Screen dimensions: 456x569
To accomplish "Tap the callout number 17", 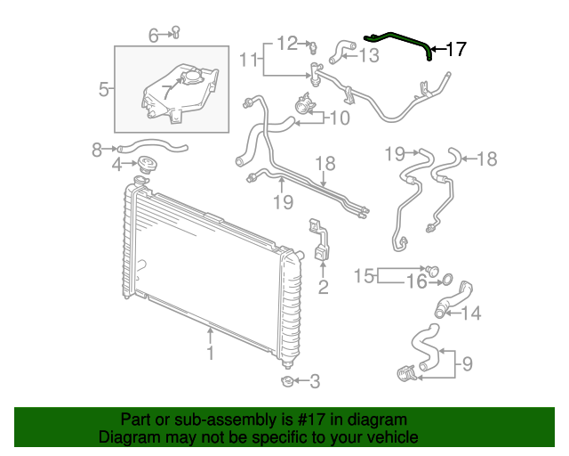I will tap(455, 50).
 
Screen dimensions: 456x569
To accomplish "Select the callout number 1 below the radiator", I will tap(210, 354).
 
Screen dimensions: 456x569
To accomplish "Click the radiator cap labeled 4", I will tap(147, 165).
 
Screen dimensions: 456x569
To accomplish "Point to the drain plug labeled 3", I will tap(287, 382).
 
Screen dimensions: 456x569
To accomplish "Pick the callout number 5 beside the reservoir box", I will tap(103, 89).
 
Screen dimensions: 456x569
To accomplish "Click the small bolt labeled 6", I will tap(175, 34).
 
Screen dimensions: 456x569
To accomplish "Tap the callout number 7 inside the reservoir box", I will tap(166, 91).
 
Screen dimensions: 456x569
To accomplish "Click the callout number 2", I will tap(323, 287).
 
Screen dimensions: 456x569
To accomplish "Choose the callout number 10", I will tap(341, 118).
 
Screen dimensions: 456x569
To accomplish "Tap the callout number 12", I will tap(286, 42).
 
